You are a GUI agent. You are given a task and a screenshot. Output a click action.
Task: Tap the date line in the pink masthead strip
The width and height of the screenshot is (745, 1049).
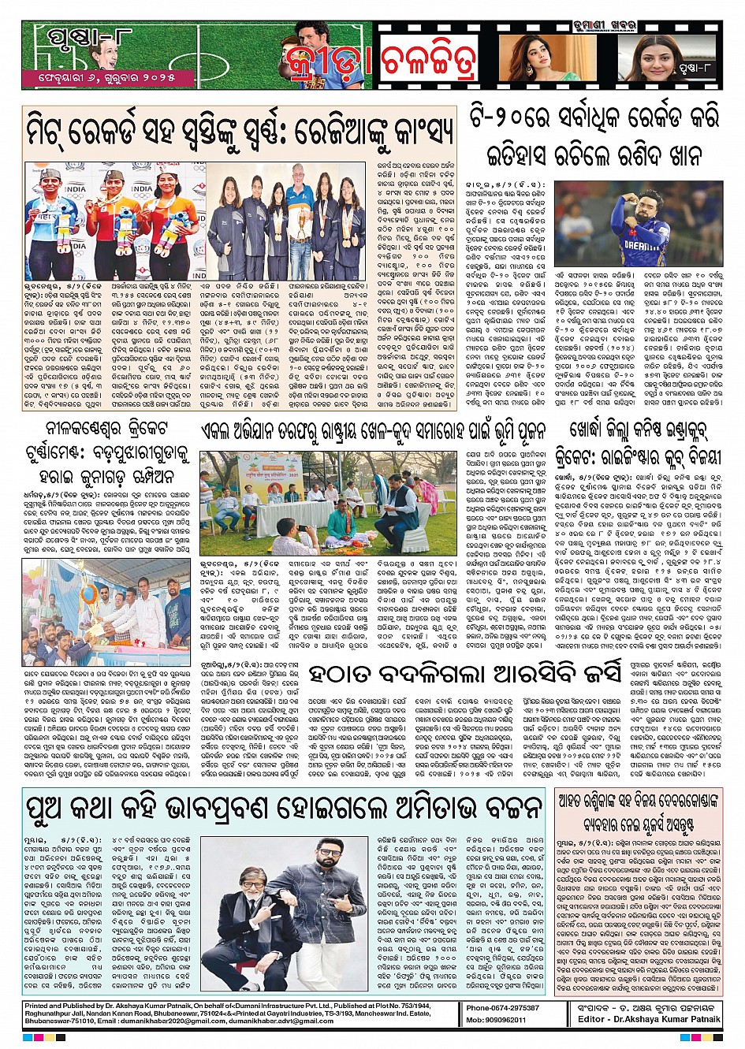108,78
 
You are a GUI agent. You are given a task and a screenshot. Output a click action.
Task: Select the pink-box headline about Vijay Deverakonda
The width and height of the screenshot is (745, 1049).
637,812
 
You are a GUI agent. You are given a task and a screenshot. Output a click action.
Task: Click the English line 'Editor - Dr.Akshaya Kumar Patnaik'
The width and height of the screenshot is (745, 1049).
649,1019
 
